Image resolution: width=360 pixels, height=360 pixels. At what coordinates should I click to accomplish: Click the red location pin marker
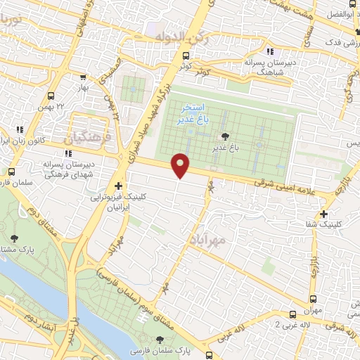181,165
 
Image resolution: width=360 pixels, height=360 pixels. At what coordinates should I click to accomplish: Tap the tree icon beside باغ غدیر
225,137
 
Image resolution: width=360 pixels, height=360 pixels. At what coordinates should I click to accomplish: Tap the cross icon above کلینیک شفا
323,214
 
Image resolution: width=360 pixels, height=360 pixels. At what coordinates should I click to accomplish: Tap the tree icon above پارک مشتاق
15,240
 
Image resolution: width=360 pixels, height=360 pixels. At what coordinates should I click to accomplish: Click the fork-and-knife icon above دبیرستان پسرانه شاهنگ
269,51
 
